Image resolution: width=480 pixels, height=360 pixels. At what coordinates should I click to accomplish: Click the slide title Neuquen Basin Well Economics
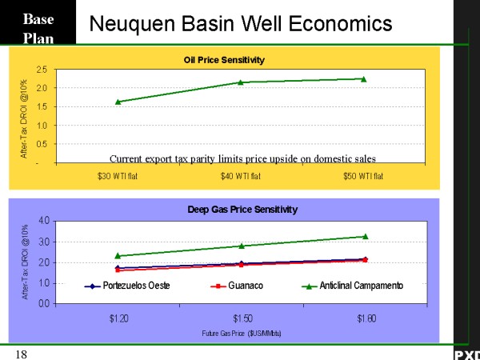[241, 24]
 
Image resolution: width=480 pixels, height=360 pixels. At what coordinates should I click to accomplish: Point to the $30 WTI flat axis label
[118, 176]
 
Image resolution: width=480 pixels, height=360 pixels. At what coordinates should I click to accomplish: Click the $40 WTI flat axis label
[241, 176]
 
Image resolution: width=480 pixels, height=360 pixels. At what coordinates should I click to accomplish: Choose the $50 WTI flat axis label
[364, 176]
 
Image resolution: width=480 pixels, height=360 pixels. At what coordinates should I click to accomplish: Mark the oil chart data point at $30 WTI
[118, 102]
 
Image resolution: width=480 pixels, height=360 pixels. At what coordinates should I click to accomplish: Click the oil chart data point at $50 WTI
[363, 78]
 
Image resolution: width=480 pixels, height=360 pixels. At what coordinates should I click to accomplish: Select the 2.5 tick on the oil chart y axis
[40, 70]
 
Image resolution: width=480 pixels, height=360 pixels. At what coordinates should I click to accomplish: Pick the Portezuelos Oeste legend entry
[128, 286]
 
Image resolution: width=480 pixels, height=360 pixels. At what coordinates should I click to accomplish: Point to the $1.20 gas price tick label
[118, 318]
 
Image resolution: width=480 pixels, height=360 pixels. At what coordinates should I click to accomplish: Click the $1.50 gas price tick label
[242, 318]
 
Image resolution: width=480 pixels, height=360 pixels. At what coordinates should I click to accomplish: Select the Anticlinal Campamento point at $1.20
[118, 256]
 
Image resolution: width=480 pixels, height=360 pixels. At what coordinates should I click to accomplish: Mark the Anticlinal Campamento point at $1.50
[242, 246]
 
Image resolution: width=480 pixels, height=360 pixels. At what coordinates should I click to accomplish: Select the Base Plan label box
[38, 27]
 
